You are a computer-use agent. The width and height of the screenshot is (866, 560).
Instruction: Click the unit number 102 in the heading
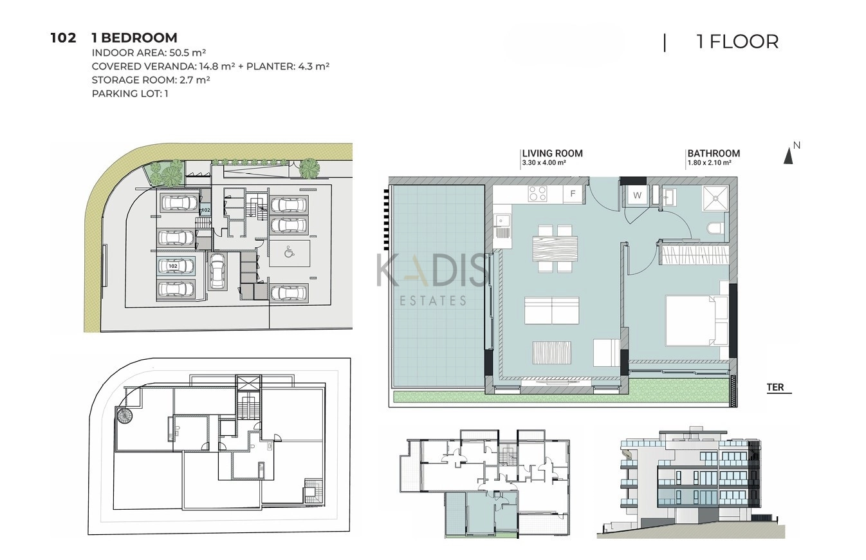pos(64,38)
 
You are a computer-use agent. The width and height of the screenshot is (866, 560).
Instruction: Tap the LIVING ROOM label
pos(553,154)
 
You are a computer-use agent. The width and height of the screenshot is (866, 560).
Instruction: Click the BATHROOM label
pos(714,154)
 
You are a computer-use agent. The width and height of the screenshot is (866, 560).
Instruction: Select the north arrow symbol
pos(788,156)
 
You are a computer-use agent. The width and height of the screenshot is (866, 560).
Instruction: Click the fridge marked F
pos(573,194)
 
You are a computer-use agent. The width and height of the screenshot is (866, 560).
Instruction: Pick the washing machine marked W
pos(637,196)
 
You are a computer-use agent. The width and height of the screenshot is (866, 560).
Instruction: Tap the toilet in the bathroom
pos(715,228)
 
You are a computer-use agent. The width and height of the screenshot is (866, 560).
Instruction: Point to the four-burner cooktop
pos(538,194)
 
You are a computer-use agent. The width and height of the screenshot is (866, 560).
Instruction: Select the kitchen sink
pos(502,227)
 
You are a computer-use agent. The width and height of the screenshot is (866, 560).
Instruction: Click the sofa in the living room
pos(551,310)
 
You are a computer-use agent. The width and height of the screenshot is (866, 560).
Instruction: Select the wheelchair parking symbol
pos(289,253)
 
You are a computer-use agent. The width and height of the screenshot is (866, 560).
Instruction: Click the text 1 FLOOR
pos(737,42)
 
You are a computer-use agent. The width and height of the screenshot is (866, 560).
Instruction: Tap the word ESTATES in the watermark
pos(433,301)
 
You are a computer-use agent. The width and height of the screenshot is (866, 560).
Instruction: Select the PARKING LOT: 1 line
pos(130,93)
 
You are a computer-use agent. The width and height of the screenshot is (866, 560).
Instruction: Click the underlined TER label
pos(775,387)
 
